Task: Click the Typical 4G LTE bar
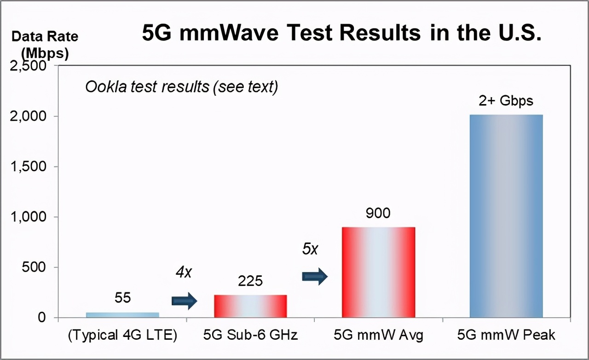(122, 315)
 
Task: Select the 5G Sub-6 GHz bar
(250, 306)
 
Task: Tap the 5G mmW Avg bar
(378, 272)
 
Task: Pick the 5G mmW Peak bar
(506, 216)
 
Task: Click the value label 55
(123, 298)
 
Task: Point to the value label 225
(250, 281)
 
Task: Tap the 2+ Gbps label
(506, 101)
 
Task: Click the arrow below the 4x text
(185, 301)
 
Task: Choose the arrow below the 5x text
(315, 277)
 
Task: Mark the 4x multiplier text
(183, 272)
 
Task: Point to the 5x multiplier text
(310, 249)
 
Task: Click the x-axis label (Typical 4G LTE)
(122, 335)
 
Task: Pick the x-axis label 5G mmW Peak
(506, 335)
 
